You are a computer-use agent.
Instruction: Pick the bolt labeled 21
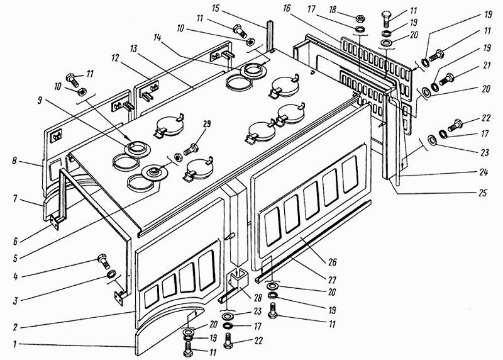pos(450,79)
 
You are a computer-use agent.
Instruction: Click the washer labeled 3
pos(111,275)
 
